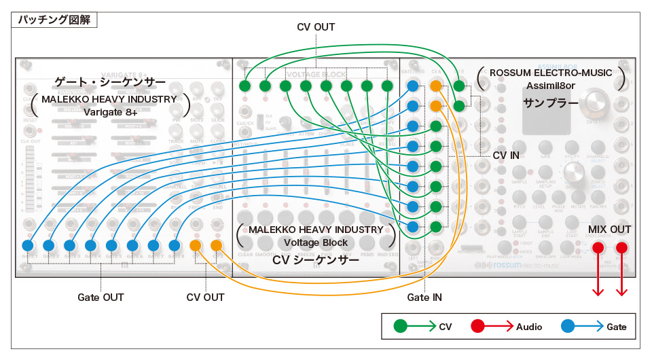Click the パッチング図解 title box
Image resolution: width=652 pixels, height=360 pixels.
click(x=55, y=19)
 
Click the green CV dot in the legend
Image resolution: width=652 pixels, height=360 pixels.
click(x=401, y=327)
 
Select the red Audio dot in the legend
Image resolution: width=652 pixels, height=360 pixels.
click(x=478, y=327)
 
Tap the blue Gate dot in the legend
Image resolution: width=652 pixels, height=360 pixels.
click(x=568, y=327)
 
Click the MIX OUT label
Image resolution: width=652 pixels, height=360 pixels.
click(x=609, y=230)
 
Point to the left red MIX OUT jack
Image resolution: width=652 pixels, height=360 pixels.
click(x=599, y=247)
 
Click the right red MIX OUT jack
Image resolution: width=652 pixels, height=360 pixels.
click(x=621, y=247)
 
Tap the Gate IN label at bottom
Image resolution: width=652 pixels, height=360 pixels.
click(x=425, y=298)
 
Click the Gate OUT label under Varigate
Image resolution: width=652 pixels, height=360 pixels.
click(x=100, y=298)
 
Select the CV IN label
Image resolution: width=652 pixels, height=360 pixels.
click(x=506, y=156)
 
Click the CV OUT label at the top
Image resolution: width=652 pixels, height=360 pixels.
click(x=316, y=27)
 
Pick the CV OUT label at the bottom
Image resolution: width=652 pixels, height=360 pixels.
click(x=205, y=298)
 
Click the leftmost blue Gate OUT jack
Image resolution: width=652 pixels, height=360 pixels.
click(x=28, y=245)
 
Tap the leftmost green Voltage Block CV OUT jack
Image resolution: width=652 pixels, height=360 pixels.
click(x=245, y=86)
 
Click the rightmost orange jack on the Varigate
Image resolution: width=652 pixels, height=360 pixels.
click(x=217, y=245)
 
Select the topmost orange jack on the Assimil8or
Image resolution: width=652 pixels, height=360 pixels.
click(x=436, y=86)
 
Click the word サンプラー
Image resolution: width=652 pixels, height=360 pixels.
click(x=550, y=103)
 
